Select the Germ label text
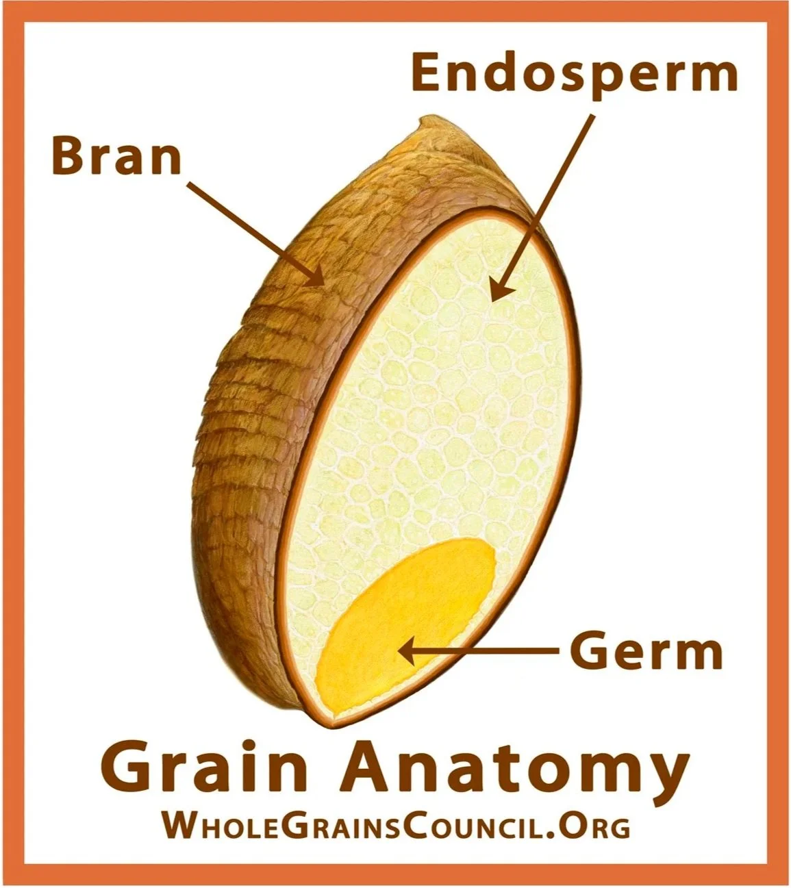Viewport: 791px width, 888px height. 646,652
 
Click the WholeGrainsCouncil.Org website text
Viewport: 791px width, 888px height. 395,826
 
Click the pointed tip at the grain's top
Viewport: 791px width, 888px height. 428,123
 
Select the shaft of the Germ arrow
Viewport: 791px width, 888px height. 486,652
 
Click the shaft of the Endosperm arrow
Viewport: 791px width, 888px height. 548,199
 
